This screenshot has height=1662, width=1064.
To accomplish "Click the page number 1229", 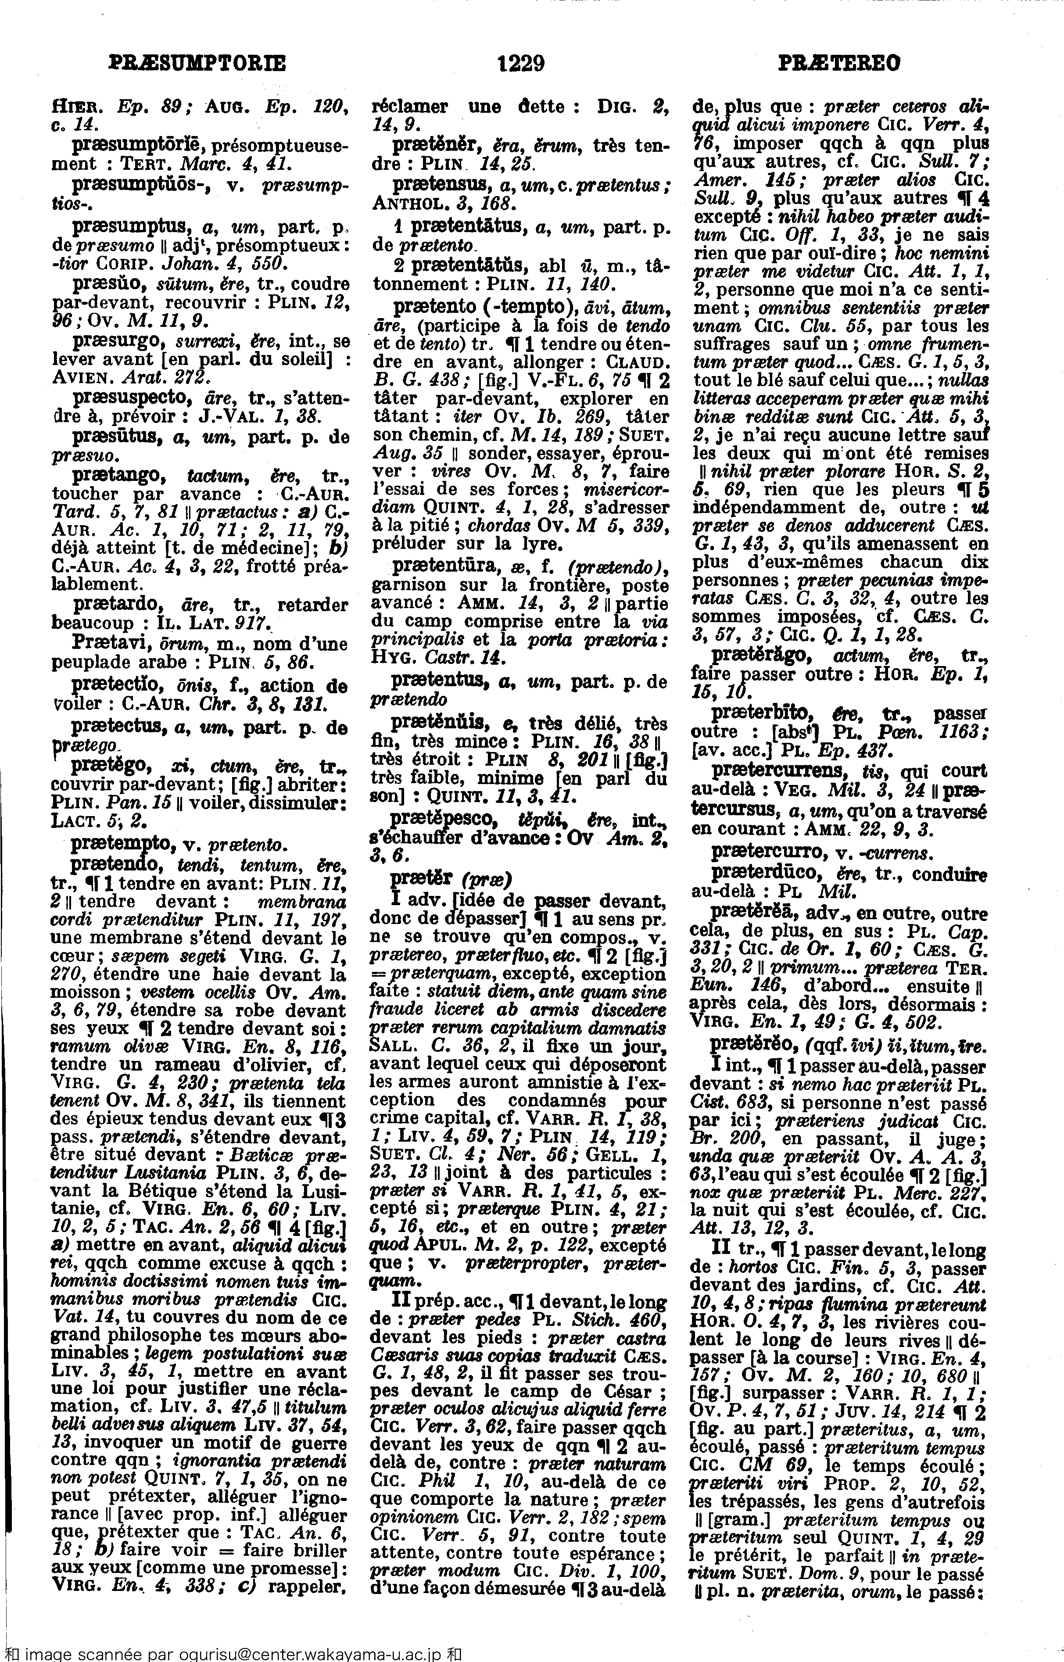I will [521, 64].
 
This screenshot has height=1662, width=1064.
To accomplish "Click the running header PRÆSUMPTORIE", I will [197, 64].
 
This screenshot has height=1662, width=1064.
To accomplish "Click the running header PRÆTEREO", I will [839, 64].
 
